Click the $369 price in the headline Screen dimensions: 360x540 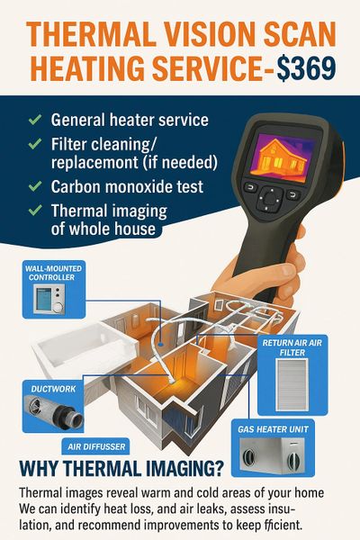[x=307, y=68]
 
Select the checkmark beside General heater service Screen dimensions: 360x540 [x=35, y=120]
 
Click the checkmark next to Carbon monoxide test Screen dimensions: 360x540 [x=35, y=186]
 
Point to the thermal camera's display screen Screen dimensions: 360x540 [x=283, y=154]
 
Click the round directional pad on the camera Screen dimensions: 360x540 [x=271, y=198]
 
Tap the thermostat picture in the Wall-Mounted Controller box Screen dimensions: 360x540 [x=49, y=299]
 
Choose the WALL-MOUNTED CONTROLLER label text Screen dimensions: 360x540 [x=53, y=273]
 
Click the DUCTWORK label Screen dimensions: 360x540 [x=53, y=389]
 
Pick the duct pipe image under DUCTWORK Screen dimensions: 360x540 [x=53, y=411]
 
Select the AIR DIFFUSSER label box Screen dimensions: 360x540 [x=96, y=446]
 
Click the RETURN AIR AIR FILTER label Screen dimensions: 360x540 [x=292, y=347]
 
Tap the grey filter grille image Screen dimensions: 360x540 [x=292, y=384]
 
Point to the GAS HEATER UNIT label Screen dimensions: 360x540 [x=273, y=429]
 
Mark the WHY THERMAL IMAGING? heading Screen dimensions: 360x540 [x=121, y=468]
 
